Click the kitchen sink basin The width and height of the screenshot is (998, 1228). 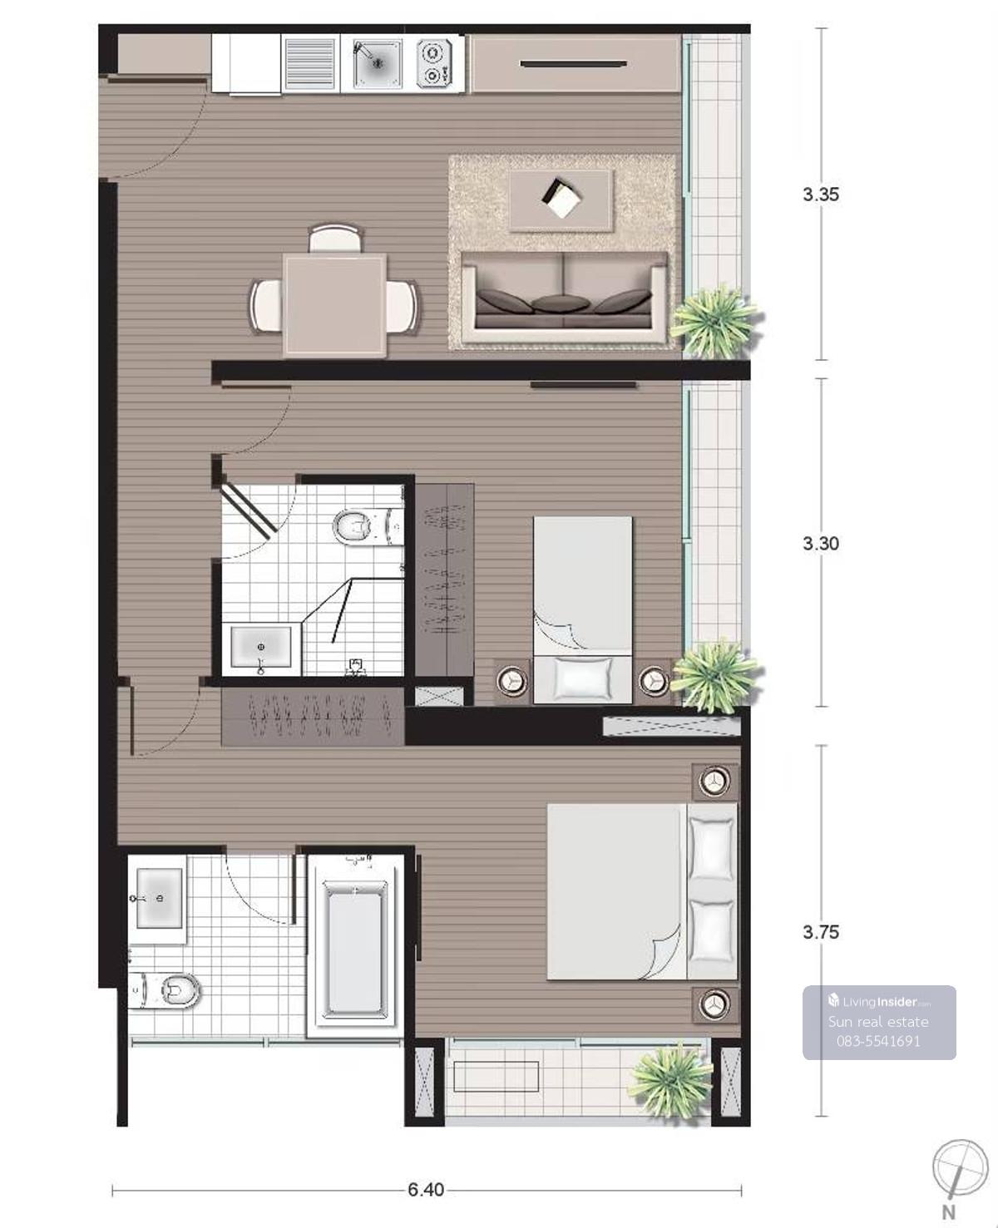point(378,63)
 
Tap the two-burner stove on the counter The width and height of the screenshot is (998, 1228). point(433,63)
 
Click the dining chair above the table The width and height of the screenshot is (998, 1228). point(335,238)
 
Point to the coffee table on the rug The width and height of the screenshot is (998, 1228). point(561,200)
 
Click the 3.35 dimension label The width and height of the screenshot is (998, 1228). point(820,195)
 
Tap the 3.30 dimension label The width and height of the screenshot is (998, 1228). point(820,543)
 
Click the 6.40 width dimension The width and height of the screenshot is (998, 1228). point(426,1190)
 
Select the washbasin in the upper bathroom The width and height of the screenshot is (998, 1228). point(260,648)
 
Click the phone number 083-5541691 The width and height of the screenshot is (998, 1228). point(878,1041)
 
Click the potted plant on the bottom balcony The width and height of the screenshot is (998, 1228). point(670,1078)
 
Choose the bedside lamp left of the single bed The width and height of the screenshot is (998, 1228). point(512,681)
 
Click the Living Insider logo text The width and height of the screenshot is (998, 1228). point(879,1001)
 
